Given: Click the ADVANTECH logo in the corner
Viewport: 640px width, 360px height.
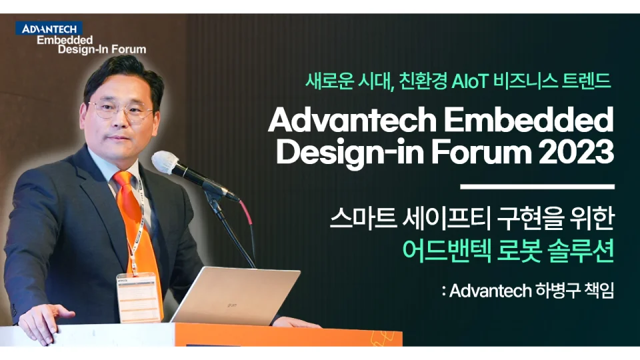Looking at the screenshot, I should click(50, 29).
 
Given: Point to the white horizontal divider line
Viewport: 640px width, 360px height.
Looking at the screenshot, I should click(537, 187).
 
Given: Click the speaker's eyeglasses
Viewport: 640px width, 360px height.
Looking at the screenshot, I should click(121, 110).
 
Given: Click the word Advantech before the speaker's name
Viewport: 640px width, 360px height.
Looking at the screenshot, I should click(490, 291).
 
